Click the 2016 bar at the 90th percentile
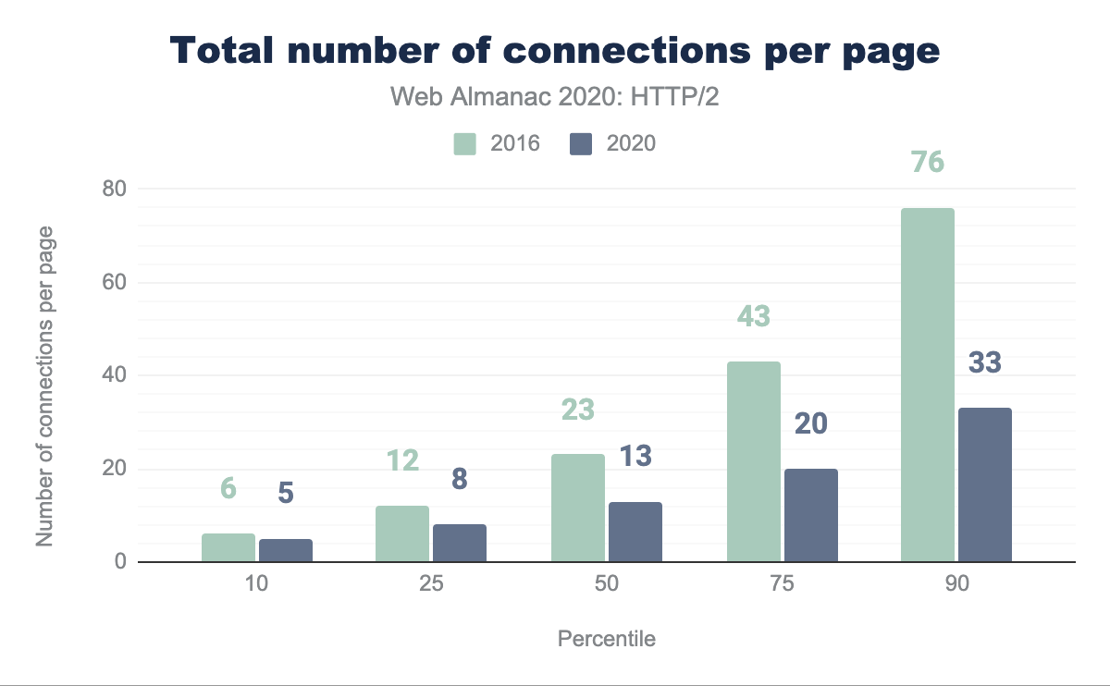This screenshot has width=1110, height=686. tap(927, 385)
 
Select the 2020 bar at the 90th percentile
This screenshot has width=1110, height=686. tap(985, 484)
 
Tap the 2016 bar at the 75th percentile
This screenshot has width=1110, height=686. tap(754, 461)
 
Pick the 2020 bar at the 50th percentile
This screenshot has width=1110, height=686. tap(635, 532)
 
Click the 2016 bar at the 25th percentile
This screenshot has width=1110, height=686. tap(402, 533)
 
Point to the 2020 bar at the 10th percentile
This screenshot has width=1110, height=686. tap(286, 550)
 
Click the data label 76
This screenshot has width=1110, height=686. tap(927, 162)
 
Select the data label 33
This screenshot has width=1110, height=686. tap(985, 362)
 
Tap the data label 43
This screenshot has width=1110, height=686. tap(754, 316)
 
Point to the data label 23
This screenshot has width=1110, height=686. tap(577, 409)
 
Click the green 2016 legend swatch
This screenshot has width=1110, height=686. tap(464, 143)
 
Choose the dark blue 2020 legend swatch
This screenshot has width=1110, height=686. tap(581, 143)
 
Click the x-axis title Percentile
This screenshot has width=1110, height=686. tap(607, 639)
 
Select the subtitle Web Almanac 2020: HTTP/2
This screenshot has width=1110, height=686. tap(555, 97)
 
